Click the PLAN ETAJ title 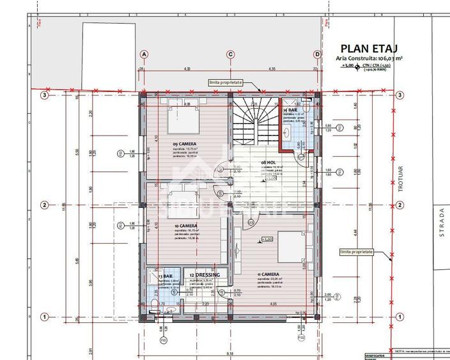pyautogui.click(x=369, y=48)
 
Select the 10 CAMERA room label pyautogui.click(x=185, y=226)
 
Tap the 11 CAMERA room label pyautogui.click(x=270, y=274)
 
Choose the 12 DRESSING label pyautogui.click(x=205, y=275)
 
